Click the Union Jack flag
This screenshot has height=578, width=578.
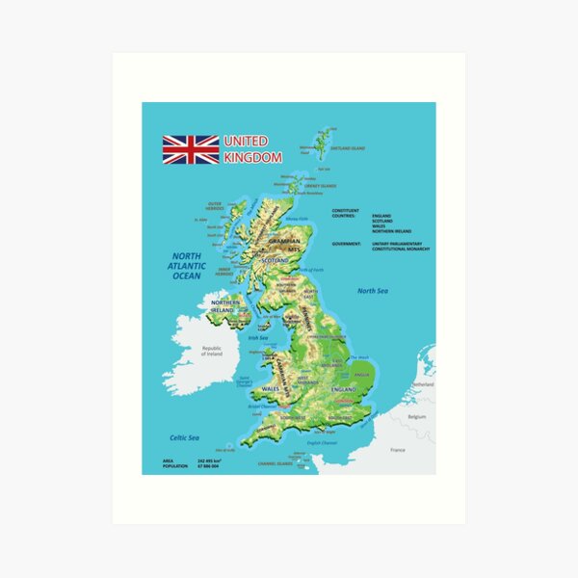click(190, 149)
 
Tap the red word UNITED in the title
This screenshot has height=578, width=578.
click(246, 142)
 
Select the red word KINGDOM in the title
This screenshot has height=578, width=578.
click(252, 157)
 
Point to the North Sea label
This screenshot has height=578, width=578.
click(373, 291)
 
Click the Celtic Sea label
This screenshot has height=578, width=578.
click(184, 437)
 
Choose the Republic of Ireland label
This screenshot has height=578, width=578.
click(212, 352)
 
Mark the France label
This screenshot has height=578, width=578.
click(397, 449)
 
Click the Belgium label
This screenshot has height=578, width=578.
click(416, 417)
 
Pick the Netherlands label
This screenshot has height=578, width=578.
click(423, 383)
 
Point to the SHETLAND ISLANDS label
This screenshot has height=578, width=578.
click(348, 148)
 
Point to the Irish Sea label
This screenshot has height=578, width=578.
click(258, 338)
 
